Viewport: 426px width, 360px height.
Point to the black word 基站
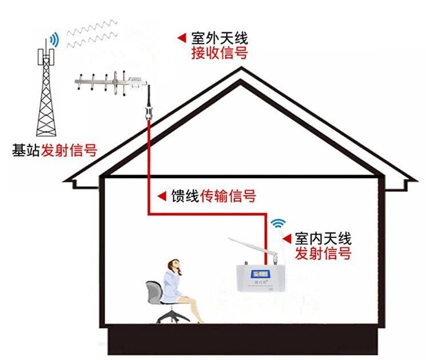26,151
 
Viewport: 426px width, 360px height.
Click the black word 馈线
185,196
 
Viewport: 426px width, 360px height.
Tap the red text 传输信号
228,196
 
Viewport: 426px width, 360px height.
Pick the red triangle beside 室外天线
181,38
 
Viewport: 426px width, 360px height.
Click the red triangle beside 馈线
162,196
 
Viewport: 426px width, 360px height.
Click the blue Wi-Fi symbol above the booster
278,223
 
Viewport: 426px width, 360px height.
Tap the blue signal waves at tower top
54,39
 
